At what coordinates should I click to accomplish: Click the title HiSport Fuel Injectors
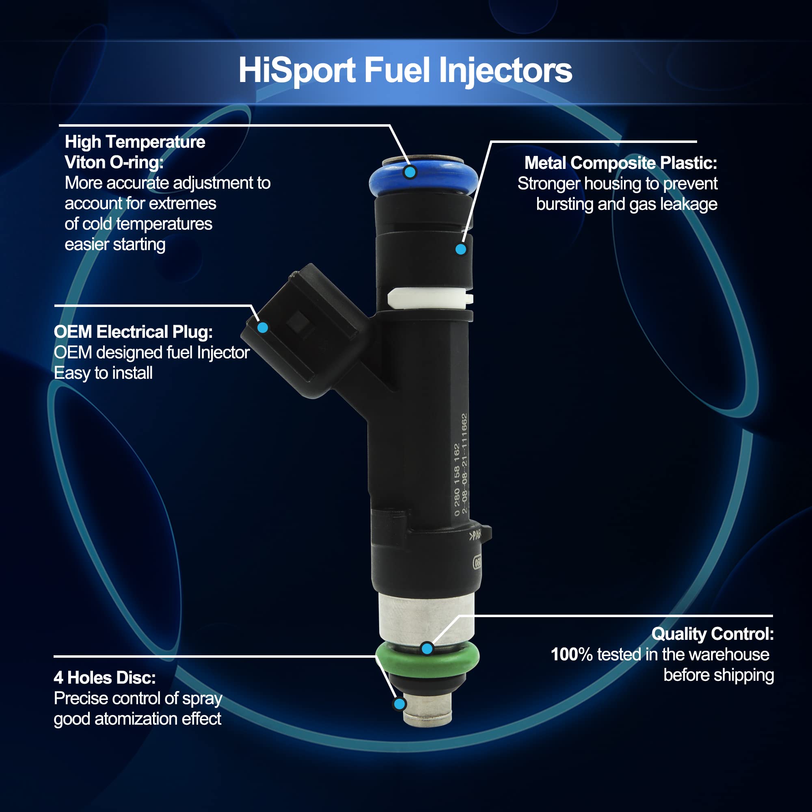pos(405,71)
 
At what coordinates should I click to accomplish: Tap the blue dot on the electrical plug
pos(263,327)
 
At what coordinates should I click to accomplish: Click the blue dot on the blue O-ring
pos(410,172)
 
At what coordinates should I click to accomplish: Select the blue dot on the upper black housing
pos(461,249)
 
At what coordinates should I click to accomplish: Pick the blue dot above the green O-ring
pos(428,649)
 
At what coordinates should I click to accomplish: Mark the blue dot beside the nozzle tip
pos(400,704)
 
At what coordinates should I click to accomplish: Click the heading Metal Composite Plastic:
pos(621,163)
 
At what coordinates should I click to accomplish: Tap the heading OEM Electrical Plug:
pos(133,332)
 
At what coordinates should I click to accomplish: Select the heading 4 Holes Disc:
pos(105,678)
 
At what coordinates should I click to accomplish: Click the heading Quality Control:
pos(713,634)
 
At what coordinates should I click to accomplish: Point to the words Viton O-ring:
pos(114,163)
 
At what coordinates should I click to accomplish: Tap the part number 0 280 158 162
pos(457,480)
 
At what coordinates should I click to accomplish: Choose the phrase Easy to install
pos(103,373)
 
